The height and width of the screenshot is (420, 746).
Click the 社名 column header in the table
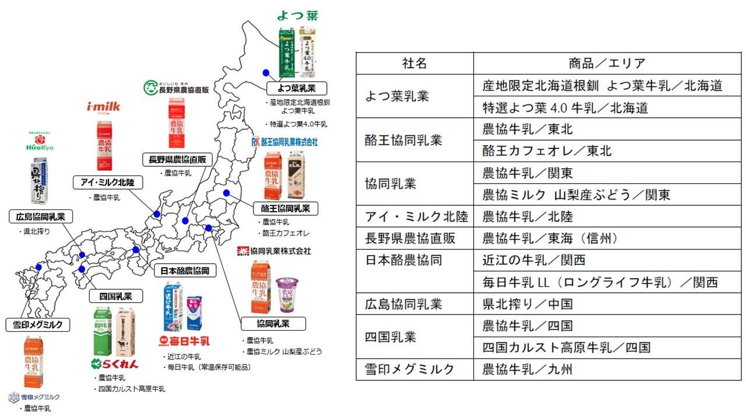(x=414, y=64)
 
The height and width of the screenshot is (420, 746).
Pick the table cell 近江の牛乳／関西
(x=534, y=260)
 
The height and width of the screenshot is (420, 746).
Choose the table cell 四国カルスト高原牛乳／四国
(x=566, y=348)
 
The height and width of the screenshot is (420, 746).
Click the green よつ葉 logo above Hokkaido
(x=297, y=16)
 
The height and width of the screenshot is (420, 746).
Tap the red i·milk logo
(x=103, y=106)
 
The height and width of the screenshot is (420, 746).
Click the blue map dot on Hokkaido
(x=266, y=72)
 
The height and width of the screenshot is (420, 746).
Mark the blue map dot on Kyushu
(x=38, y=267)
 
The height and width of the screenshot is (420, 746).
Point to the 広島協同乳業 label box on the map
(x=41, y=217)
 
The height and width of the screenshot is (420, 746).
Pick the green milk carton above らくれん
(x=103, y=331)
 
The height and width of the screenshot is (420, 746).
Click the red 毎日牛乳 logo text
(x=185, y=340)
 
